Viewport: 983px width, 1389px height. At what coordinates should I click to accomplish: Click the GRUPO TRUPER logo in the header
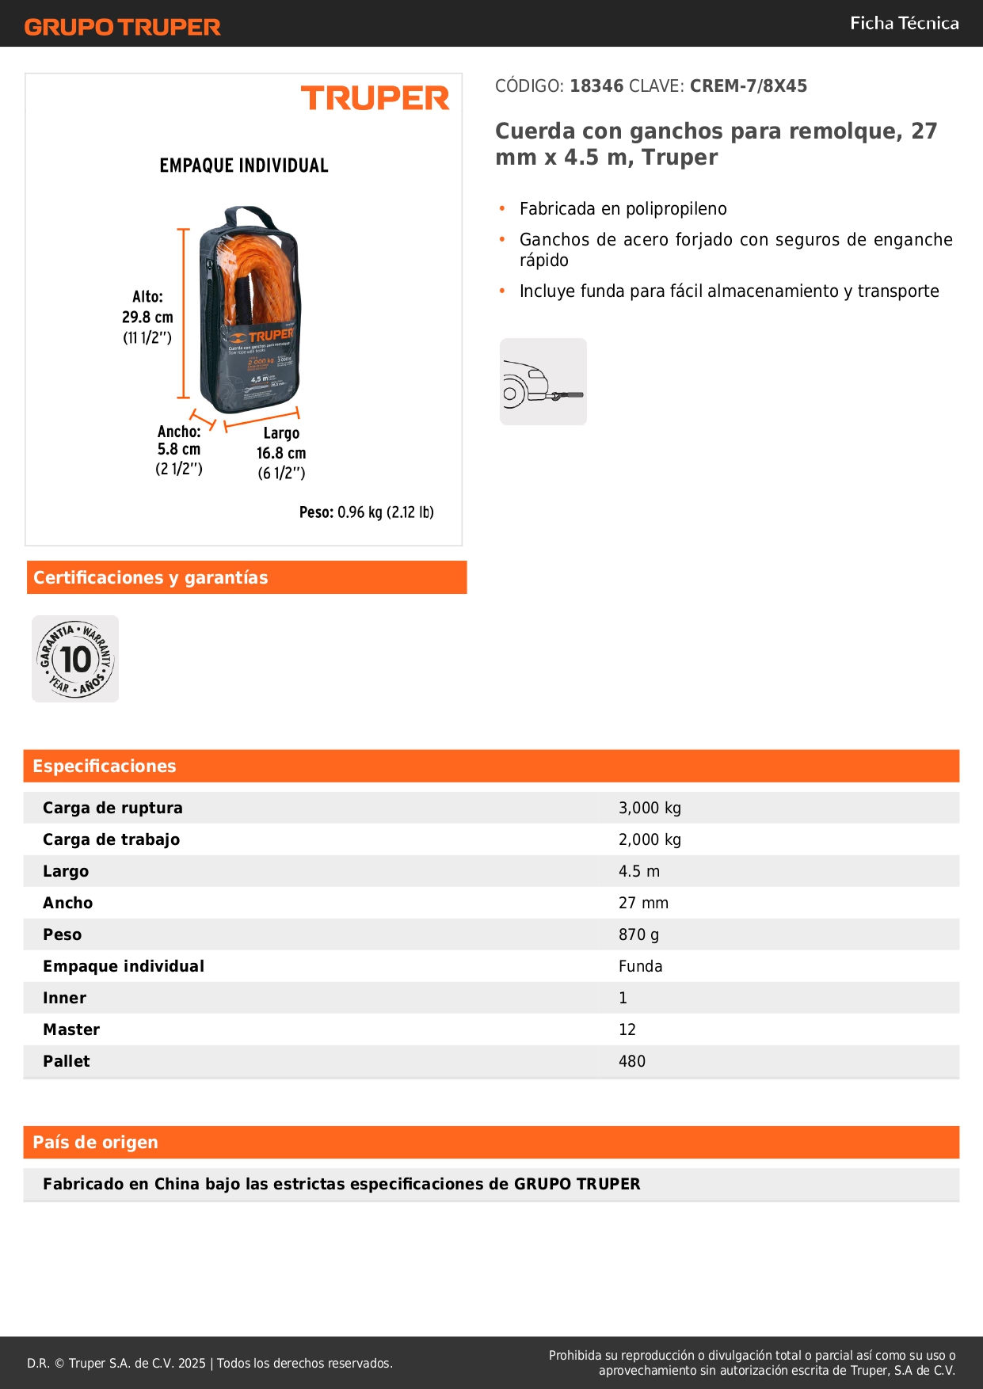tap(122, 27)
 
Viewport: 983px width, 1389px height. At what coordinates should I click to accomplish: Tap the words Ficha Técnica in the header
tap(904, 24)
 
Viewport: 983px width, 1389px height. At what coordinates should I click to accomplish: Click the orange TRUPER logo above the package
tap(375, 98)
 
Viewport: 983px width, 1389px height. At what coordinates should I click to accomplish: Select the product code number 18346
tap(596, 86)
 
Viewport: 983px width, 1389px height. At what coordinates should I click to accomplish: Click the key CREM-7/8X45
tap(748, 86)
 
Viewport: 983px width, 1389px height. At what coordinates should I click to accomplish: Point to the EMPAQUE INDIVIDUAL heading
tap(244, 166)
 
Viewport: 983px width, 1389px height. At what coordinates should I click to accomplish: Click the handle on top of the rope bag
tap(249, 216)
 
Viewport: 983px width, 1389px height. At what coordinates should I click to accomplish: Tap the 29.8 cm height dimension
tap(147, 317)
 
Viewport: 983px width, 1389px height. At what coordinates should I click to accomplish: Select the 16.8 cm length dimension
tap(281, 453)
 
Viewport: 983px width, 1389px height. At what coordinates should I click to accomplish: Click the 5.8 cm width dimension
tap(179, 449)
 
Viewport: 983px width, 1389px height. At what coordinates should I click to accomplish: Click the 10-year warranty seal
tap(75, 659)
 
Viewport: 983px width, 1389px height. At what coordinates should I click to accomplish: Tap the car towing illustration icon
tap(543, 382)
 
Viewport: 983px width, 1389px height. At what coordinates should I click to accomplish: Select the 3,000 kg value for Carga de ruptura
tap(650, 808)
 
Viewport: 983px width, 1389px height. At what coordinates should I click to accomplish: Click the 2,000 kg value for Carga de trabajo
tap(650, 839)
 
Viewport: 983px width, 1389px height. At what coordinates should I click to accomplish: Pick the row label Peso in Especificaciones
tap(63, 934)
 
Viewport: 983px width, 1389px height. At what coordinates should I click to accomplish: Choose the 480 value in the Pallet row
tap(632, 1061)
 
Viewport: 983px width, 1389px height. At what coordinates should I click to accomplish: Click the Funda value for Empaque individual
tap(641, 966)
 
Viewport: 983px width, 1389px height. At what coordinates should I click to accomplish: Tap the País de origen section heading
tap(96, 1142)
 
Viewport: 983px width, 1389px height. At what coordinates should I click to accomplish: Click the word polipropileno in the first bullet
tap(676, 209)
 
